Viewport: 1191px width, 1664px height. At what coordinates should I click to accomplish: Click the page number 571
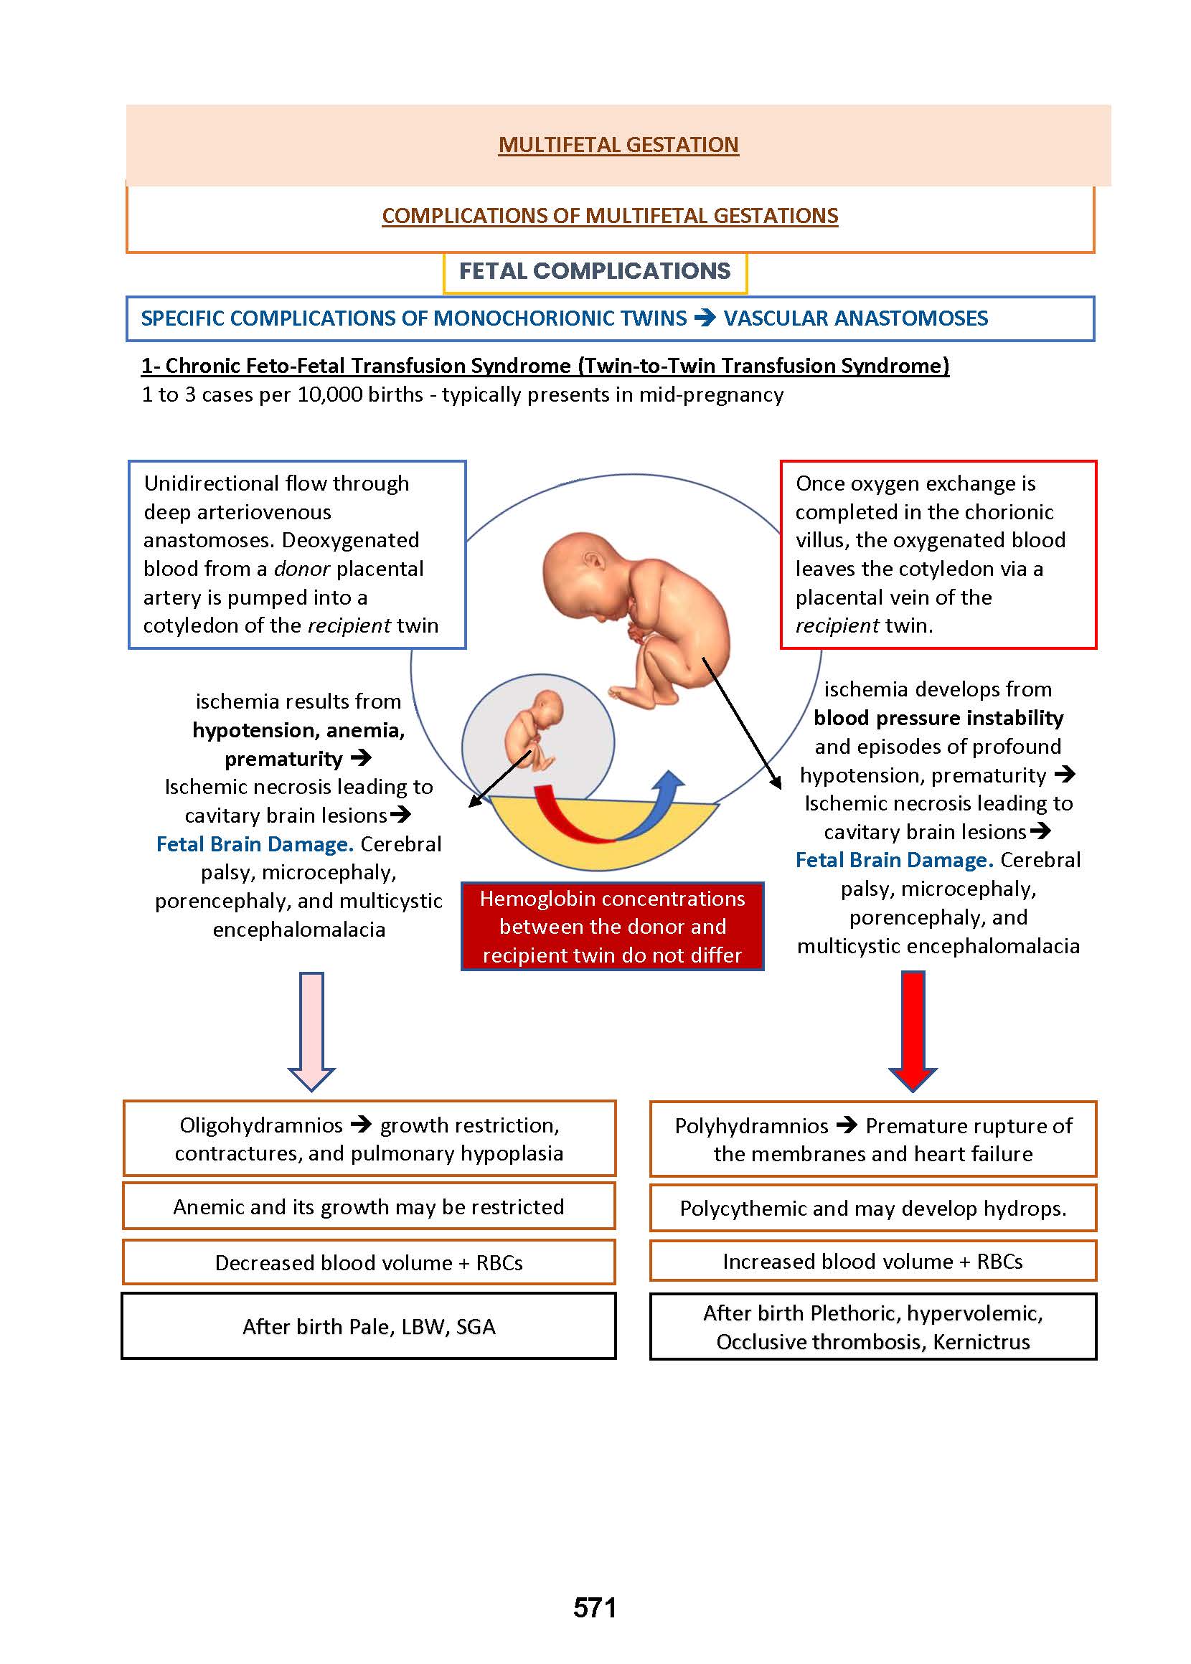(595, 1607)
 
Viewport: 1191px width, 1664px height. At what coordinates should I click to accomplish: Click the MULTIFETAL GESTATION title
(618, 144)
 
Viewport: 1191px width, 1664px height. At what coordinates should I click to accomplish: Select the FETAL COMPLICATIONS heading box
(595, 271)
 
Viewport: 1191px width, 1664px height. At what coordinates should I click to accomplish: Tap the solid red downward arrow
(913, 1029)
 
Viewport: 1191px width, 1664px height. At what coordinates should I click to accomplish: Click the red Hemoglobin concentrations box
(613, 927)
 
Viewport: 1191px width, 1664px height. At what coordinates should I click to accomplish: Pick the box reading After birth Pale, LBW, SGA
(369, 1327)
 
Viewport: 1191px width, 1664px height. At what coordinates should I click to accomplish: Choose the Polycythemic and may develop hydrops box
(872, 1208)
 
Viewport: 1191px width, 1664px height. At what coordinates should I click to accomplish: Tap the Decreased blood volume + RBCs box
(369, 1262)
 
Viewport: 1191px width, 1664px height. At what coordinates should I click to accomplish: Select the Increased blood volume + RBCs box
(872, 1262)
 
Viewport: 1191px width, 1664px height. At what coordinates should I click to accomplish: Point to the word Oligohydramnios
(261, 1125)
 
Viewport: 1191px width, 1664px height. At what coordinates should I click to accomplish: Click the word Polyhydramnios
(752, 1126)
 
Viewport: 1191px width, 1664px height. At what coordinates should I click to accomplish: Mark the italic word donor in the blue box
(301, 569)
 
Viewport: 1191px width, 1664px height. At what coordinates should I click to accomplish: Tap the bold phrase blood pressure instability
(938, 718)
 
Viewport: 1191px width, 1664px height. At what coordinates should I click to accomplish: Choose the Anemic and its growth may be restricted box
(369, 1206)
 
